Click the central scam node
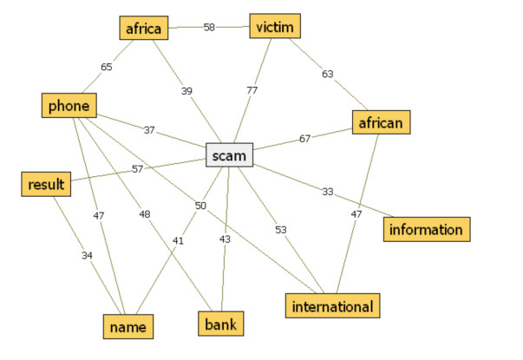tap(230, 155)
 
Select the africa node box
tap(142, 28)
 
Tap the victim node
tap(275, 27)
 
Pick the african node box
tap(380, 123)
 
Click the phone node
tap(69, 106)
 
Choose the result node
tap(44, 184)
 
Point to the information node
tap(427, 229)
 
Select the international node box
tap(332, 306)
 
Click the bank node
tap(220, 325)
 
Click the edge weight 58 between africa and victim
tap(209, 28)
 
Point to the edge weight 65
tap(106, 66)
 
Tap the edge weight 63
tap(328, 75)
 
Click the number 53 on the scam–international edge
tap(281, 230)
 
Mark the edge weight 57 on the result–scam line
tap(137, 169)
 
